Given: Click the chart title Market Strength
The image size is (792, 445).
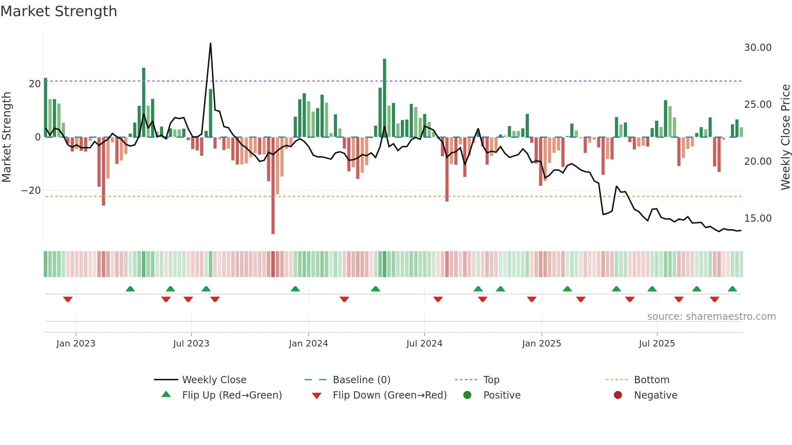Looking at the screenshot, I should (59, 11).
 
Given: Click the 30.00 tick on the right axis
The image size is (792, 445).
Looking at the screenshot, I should (758, 48).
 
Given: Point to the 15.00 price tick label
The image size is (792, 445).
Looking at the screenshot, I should (758, 218).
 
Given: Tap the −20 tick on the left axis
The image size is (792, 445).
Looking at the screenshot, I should (31, 191).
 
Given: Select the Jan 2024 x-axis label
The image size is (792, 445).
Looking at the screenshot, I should (308, 344).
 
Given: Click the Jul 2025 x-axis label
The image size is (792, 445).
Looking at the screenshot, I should (657, 344).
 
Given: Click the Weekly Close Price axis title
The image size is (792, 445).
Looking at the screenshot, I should (785, 137).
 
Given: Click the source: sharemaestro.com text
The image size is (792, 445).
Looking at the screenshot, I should (711, 317).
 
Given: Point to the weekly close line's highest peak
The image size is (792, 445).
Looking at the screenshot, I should (211, 44).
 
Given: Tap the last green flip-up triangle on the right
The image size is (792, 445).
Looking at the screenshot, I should (732, 289).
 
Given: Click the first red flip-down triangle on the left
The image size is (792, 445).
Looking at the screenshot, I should (68, 299).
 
